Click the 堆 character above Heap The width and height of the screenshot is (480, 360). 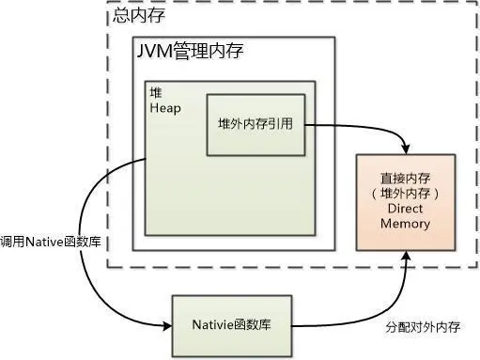coord(155,94)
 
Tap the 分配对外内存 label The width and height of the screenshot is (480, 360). coord(421,329)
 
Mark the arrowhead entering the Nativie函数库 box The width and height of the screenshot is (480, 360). coord(167,325)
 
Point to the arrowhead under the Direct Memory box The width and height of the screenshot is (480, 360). coord(406,258)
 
